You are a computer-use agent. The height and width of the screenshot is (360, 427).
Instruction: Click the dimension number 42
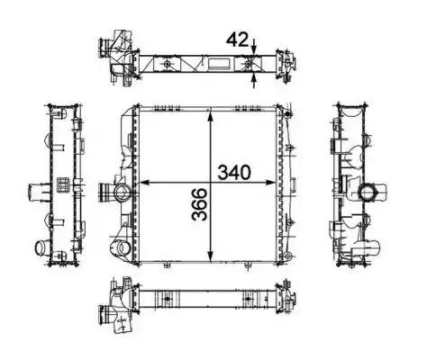pyautogui.click(x=238, y=40)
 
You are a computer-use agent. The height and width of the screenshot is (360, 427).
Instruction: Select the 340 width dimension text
pyautogui.click(x=234, y=173)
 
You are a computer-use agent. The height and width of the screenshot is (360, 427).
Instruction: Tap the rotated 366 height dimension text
pyautogui.click(x=200, y=204)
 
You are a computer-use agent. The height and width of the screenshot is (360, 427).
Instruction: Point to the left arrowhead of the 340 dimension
pyautogui.click(x=145, y=183)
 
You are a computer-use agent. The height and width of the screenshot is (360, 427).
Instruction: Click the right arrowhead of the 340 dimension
pyautogui.click(x=270, y=183)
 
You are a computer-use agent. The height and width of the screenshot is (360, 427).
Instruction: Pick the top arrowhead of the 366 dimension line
pyautogui.click(x=211, y=115)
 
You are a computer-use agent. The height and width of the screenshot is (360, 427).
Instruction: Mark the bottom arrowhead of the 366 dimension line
pyautogui.click(x=211, y=256)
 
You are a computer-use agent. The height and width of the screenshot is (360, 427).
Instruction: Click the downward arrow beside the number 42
pyautogui.click(x=254, y=47)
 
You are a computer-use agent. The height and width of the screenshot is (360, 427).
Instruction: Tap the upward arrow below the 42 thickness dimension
pyautogui.click(x=254, y=80)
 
